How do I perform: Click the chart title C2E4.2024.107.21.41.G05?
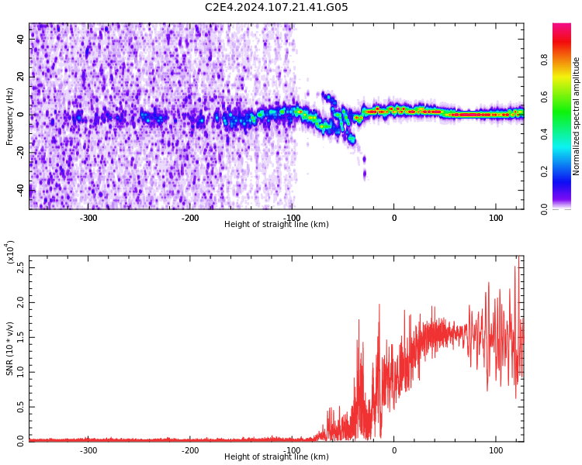click(276, 8)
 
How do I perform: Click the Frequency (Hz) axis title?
click(10, 116)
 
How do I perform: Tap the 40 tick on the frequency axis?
click(21, 40)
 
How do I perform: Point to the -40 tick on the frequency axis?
click(19, 190)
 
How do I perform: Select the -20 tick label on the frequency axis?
click(19, 152)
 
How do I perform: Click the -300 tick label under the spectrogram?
click(88, 218)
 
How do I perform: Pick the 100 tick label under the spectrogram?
click(495, 218)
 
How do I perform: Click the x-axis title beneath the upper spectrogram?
click(276, 225)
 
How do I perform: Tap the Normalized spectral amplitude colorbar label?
click(577, 116)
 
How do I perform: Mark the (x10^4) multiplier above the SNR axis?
click(10, 252)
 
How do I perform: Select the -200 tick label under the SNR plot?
click(190, 450)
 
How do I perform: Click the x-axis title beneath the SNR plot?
click(276, 457)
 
